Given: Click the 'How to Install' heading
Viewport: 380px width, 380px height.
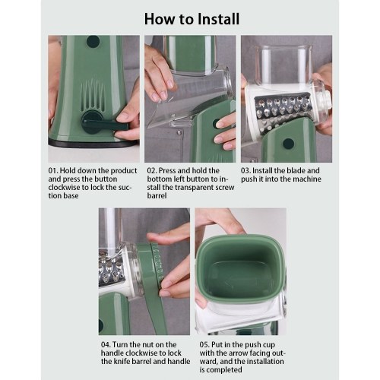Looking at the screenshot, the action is (192, 19).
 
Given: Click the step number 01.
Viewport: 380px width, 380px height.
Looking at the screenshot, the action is (52, 170).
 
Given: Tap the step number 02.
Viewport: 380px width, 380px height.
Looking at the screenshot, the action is (152, 170).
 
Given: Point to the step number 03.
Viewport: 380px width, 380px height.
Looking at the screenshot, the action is (245, 170).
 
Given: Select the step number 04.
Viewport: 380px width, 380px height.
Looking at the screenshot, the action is (106, 345).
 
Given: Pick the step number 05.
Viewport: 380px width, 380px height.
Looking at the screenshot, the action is (204, 345).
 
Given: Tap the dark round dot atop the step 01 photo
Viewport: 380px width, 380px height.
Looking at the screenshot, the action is (93, 42).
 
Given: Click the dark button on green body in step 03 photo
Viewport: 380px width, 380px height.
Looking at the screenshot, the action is (288, 144).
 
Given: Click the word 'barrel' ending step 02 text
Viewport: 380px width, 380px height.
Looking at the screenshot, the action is (157, 196).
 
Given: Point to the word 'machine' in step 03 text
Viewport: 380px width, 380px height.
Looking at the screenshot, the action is (306, 179).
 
